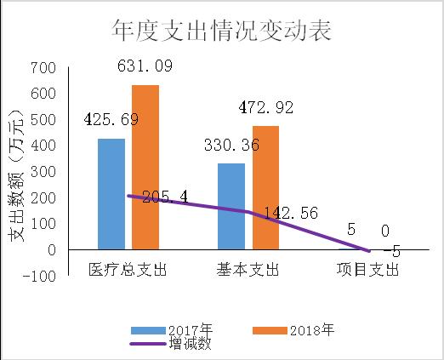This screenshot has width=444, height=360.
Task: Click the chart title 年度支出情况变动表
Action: point(221,31)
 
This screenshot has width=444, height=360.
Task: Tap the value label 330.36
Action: point(231,146)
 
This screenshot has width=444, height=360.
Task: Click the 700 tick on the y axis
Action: point(43,67)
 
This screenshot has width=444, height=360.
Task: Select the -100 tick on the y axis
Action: point(40,277)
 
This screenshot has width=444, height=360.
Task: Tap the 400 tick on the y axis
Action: point(43,146)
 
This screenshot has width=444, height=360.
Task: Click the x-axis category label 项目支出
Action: point(367,270)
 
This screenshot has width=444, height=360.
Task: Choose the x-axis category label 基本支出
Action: point(248,270)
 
